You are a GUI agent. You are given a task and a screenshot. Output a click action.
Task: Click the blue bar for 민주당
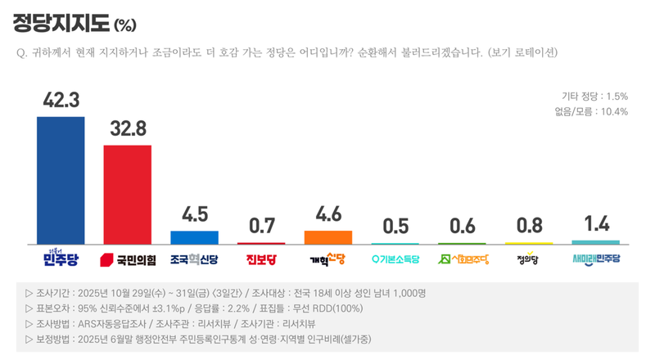(61, 180)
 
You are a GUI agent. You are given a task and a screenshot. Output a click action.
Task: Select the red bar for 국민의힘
(127, 194)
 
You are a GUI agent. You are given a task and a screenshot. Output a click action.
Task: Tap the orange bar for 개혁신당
(327, 237)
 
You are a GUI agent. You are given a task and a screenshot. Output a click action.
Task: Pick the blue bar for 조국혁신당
(194, 237)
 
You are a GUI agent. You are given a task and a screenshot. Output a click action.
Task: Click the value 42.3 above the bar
(61, 100)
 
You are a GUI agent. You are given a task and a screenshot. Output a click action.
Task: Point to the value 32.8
(127, 128)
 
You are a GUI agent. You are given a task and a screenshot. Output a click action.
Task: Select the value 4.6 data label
(327, 214)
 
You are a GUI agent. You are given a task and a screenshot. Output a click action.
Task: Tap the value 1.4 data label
(595, 223)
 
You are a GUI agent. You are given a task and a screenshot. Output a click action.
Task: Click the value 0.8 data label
(528, 225)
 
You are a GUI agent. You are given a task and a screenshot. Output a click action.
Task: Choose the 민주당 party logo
(61, 259)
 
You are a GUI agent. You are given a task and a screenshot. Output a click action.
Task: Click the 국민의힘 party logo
(127, 260)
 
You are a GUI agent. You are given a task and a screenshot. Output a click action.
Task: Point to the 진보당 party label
(261, 260)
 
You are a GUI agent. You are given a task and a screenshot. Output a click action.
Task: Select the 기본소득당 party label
(395, 260)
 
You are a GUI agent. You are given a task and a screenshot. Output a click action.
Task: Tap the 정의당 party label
(528, 260)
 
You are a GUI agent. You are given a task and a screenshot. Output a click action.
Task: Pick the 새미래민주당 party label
(595, 260)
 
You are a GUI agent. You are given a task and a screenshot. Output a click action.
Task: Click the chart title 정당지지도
(61, 22)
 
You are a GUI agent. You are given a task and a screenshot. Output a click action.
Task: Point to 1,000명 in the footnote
(413, 293)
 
